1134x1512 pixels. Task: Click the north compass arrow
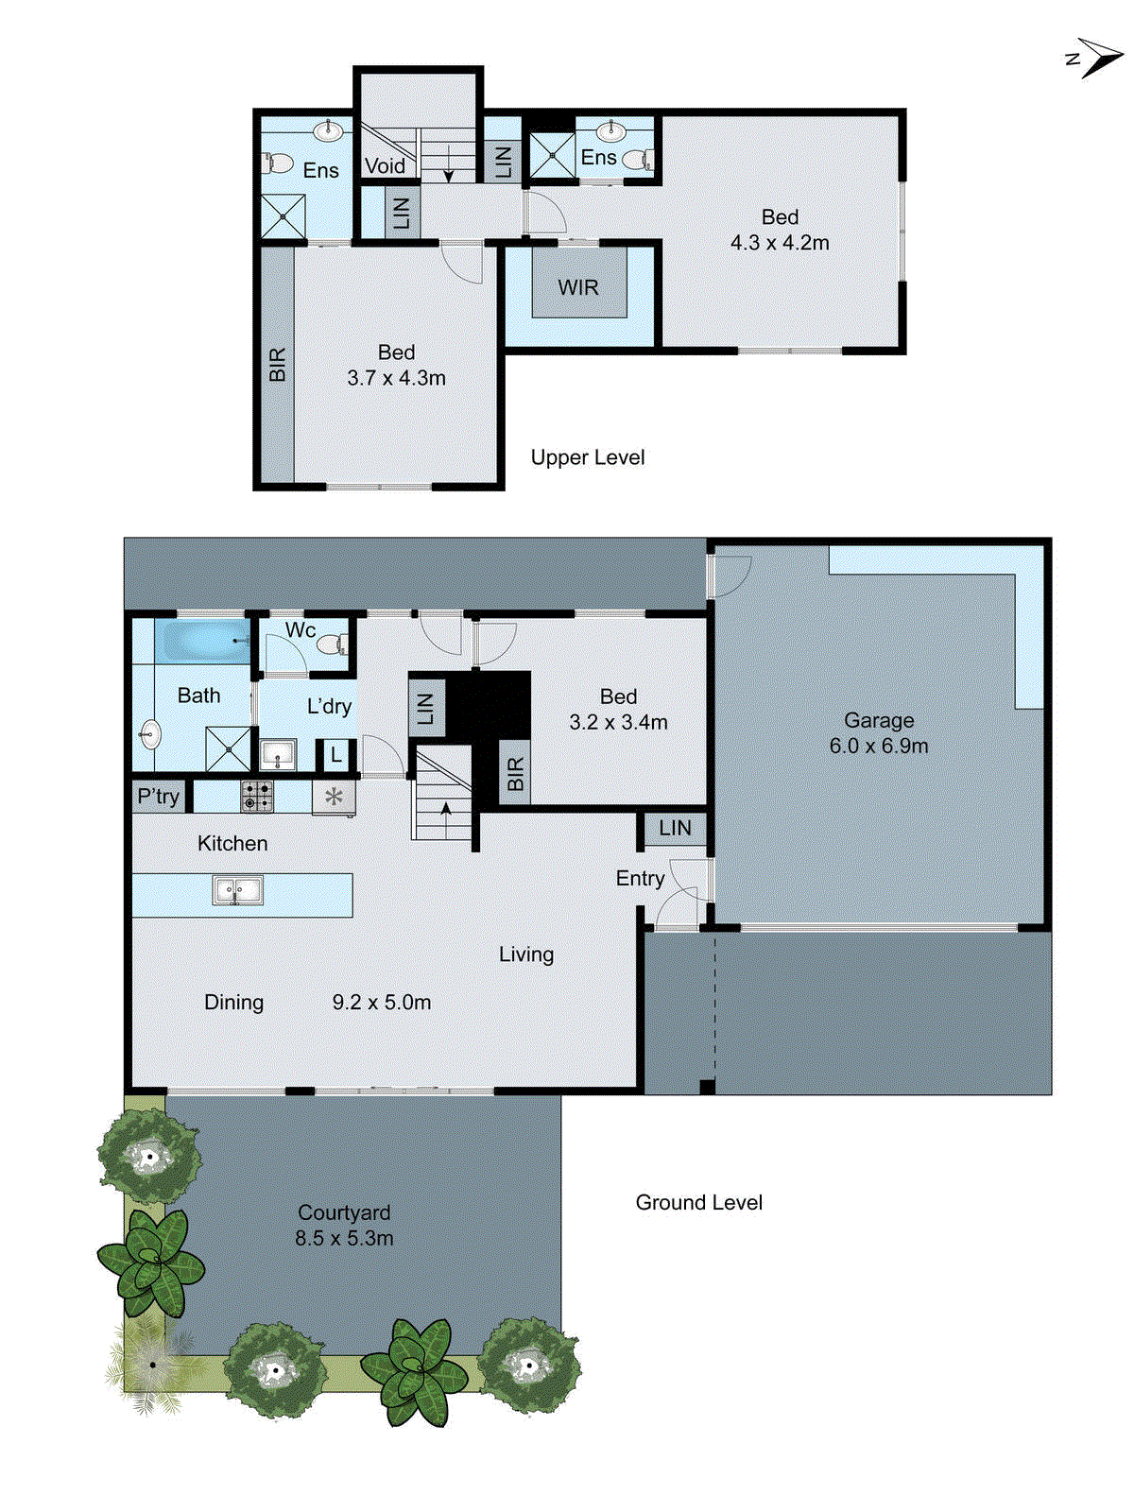tap(1096, 58)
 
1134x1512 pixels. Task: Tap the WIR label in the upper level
tap(578, 287)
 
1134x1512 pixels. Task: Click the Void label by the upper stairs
tap(385, 166)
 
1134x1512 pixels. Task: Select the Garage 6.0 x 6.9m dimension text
tap(879, 746)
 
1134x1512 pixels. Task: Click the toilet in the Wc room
tap(331, 645)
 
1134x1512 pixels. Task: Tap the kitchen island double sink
tap(237, 890)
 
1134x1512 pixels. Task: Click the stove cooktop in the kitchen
tap(257, 796)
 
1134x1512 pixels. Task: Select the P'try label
tap(158, 796)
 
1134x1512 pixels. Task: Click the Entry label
tap(640, 878)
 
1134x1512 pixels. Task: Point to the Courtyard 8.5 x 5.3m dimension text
tap(344, 1238)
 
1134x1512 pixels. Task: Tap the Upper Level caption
tap(588, 457)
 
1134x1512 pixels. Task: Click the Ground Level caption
tap(698, 1202)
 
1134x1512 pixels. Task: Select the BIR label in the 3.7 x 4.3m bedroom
tap(277, 364)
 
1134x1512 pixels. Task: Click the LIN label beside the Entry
tap(675, 829)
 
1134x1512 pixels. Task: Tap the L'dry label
tap(329, 706)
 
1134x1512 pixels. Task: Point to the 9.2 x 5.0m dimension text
tap(382, 1002)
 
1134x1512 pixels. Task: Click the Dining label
tap(233, 1002)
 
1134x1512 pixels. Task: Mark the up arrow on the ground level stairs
tap(445, 810)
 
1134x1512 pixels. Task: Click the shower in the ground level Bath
tap(229, 749)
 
